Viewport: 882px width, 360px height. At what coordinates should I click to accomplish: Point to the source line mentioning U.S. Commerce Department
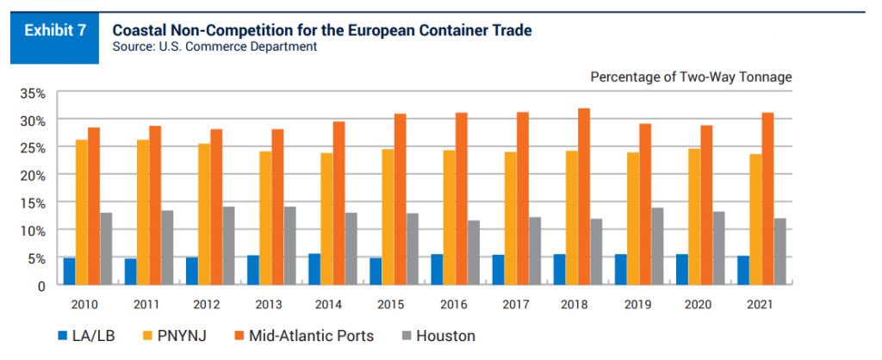pyautogui.click(x=214, y=47)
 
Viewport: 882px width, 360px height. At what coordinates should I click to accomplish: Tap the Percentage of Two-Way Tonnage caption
pyautogui.click(x=691, y=78)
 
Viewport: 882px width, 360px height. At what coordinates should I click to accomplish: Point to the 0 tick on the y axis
pyautogui.click(x=39, y=285)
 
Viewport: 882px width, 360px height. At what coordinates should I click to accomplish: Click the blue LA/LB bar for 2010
pyautogui.click(x=69, y=271)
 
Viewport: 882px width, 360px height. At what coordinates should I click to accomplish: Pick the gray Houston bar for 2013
pyautogui.click(x=289, y=245)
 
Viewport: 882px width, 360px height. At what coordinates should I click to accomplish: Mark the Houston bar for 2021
pyautogui.click(x=780, y=251)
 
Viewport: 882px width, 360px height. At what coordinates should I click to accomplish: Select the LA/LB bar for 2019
pyautogui.click(x=620, y=270)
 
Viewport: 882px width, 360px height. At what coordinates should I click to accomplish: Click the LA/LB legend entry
pyautogui.click(x=82, y=335)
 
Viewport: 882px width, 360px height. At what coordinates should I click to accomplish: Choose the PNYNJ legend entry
pyautogui.click(x=171, y=335)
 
